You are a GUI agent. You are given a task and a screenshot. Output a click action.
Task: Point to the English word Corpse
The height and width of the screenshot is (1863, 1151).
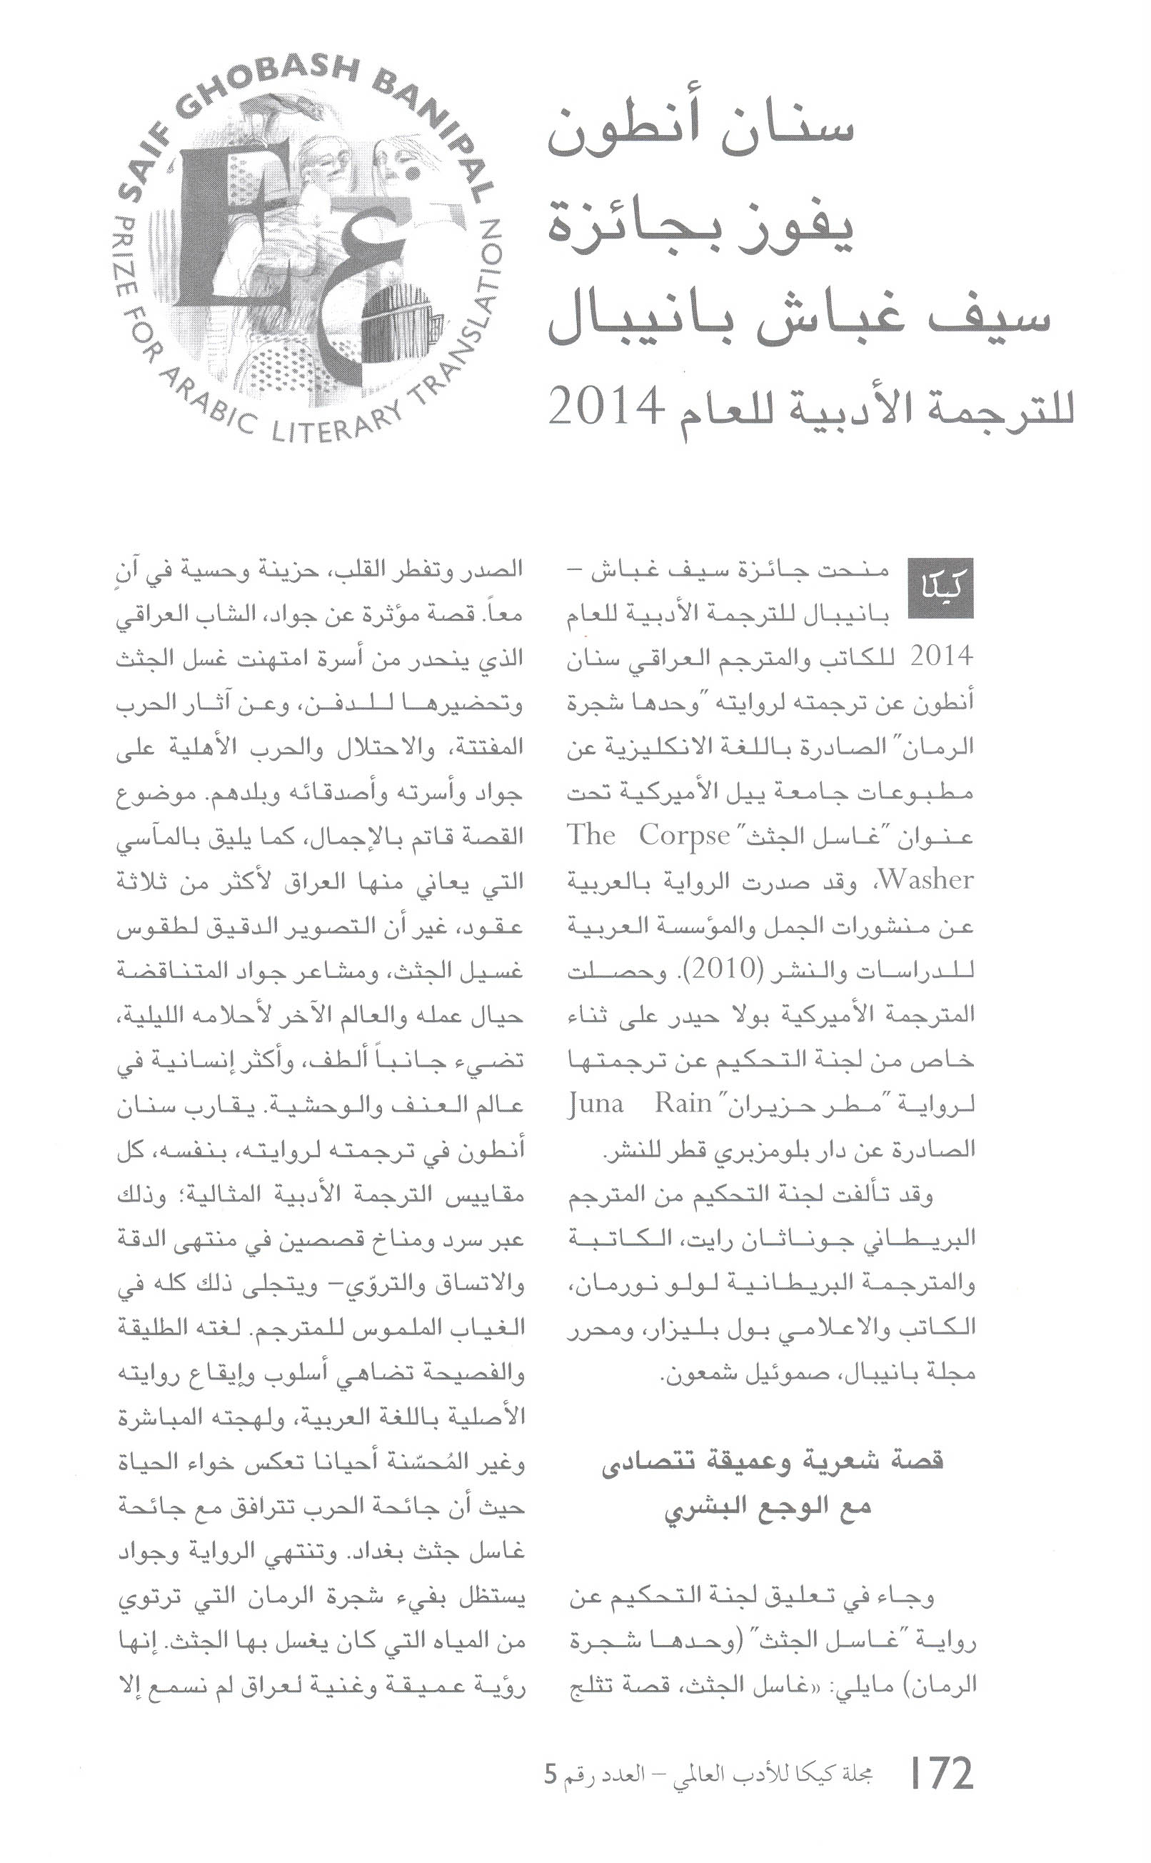[x=684, y=836]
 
